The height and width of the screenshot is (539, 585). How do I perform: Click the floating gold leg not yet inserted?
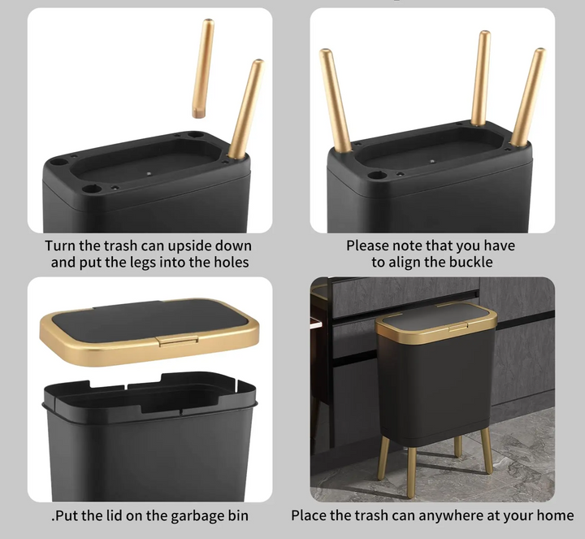[203, 68]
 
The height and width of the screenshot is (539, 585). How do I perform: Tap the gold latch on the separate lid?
[178, 341]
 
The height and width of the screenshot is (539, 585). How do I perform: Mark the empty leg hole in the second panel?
[377, 175]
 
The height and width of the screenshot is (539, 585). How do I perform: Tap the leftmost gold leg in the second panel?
[335, 101]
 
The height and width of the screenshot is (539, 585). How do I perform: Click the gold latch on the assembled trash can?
[458, 328]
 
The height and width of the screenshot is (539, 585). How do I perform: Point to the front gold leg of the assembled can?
[411, 472]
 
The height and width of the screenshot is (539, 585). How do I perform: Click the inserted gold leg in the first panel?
[246, 109]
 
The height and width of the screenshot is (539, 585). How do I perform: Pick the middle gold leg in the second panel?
[481, 78]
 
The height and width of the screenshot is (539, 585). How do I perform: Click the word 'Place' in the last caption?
[309, 515]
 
